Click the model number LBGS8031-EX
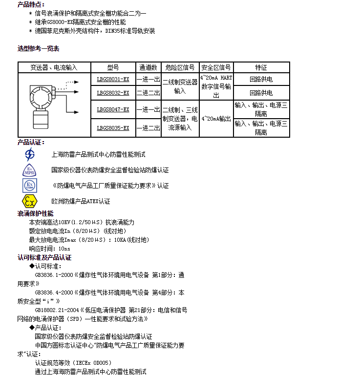tap(113, 80)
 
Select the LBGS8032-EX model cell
tap(113, 93)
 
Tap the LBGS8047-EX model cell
tap(113, 109)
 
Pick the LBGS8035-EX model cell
tap(113, 128)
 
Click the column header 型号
tap(113, 67)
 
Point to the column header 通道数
tap(148, 67)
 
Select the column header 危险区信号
tap(180, 67)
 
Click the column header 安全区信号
tap(216, 67)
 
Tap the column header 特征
tap(261, 67)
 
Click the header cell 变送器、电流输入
tap(54, 67)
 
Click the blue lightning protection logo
tap(30, 155)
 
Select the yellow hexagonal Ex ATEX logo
tap(30, 201)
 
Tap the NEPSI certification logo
tap(30, 170)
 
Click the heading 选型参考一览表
tap(39, 48)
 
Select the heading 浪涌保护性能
tap(36, 213)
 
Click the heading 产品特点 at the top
tap(31, 4)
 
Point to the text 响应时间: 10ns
tap(49, 249)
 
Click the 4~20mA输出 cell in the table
tap(216, 119)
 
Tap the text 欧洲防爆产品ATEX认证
tap(81, 201)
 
